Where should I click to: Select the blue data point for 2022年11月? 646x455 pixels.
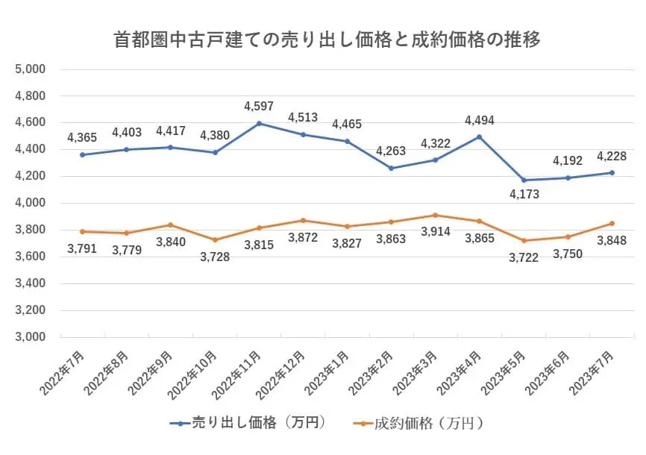coord(259,123)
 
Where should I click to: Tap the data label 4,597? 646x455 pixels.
coord(259,107)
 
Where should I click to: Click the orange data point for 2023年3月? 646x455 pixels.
coord(436,215)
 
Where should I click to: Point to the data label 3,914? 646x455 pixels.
coord(436,232)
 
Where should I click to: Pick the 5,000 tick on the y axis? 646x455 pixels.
coord(31,69)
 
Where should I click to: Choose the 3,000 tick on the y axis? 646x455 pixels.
coord(31,337)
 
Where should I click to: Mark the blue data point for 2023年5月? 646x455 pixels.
coord(524,180)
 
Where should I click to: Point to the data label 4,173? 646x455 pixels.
coord(524,195)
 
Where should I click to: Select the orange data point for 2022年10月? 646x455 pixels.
coord(215,239)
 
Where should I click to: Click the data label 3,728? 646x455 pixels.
coord(215,257)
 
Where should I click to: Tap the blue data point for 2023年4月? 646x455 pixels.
coord(480,136)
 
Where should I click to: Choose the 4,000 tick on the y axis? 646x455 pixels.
coord(31,203)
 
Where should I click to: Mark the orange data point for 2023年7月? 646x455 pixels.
coord(612,223)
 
